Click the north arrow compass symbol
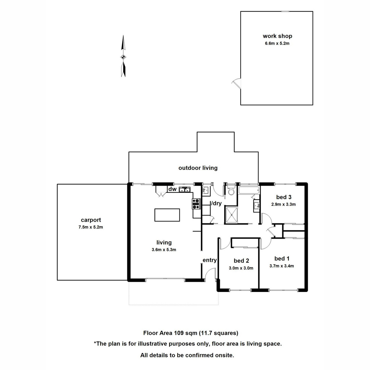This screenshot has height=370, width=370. (123, 56)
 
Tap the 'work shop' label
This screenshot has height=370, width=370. (277, 36)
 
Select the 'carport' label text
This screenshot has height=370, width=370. (91, 220)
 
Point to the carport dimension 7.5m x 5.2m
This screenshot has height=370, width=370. (91, 227)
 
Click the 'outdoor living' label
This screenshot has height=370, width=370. (198, 168)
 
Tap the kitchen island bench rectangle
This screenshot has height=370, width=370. (167, 215)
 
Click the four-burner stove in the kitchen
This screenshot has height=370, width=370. (196, 204)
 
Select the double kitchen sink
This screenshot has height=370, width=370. (185, 189)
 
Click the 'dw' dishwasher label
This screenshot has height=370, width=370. (172, 189)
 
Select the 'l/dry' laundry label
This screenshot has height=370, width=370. (216, 203)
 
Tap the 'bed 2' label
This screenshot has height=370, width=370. (241, 261)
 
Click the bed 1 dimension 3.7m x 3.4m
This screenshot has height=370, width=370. (282, 266)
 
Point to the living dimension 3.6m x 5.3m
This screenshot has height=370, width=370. (164, 250)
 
